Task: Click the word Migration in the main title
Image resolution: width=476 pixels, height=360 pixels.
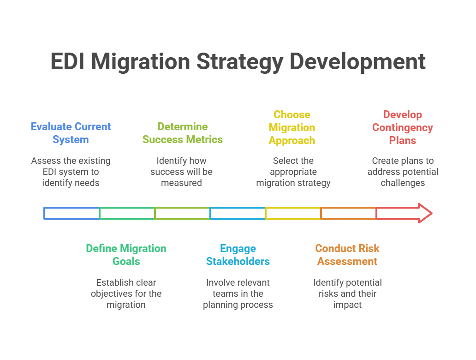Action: tap(140, 62)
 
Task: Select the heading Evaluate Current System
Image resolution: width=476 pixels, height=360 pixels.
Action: tap(71, 133)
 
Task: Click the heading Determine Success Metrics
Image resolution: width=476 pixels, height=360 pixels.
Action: tap(182, 133)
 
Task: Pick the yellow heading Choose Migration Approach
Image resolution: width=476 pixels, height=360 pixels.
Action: tap(292, 127)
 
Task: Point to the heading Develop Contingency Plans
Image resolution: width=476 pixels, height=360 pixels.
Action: tap(403, 127)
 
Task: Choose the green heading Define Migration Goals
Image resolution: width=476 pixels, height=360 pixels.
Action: tap(126, 255)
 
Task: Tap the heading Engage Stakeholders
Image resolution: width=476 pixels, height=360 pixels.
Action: tap(238, 255)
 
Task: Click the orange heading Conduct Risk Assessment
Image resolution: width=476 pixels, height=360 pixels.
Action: tap(347, 255)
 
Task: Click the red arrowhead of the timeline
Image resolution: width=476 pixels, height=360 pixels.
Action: tap(422, 213)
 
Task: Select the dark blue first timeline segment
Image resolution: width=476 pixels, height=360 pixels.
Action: tap(71, 213)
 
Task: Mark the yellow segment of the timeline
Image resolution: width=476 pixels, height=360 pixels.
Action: tap(293, 213)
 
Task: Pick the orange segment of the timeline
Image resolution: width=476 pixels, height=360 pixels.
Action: tap(348, 213)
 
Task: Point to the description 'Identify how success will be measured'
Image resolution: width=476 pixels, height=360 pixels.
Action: tap(181, 172)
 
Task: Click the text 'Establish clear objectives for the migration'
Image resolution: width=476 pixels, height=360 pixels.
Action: tap(126, 294)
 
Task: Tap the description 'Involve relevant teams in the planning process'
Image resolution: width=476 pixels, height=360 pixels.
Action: tap(238, 294)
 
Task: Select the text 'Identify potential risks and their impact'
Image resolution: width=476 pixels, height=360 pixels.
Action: tap(347, 294)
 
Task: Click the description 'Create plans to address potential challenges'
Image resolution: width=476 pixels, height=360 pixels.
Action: tap(403, 172)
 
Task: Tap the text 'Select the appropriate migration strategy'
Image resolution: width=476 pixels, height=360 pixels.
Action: tap(293, 172)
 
